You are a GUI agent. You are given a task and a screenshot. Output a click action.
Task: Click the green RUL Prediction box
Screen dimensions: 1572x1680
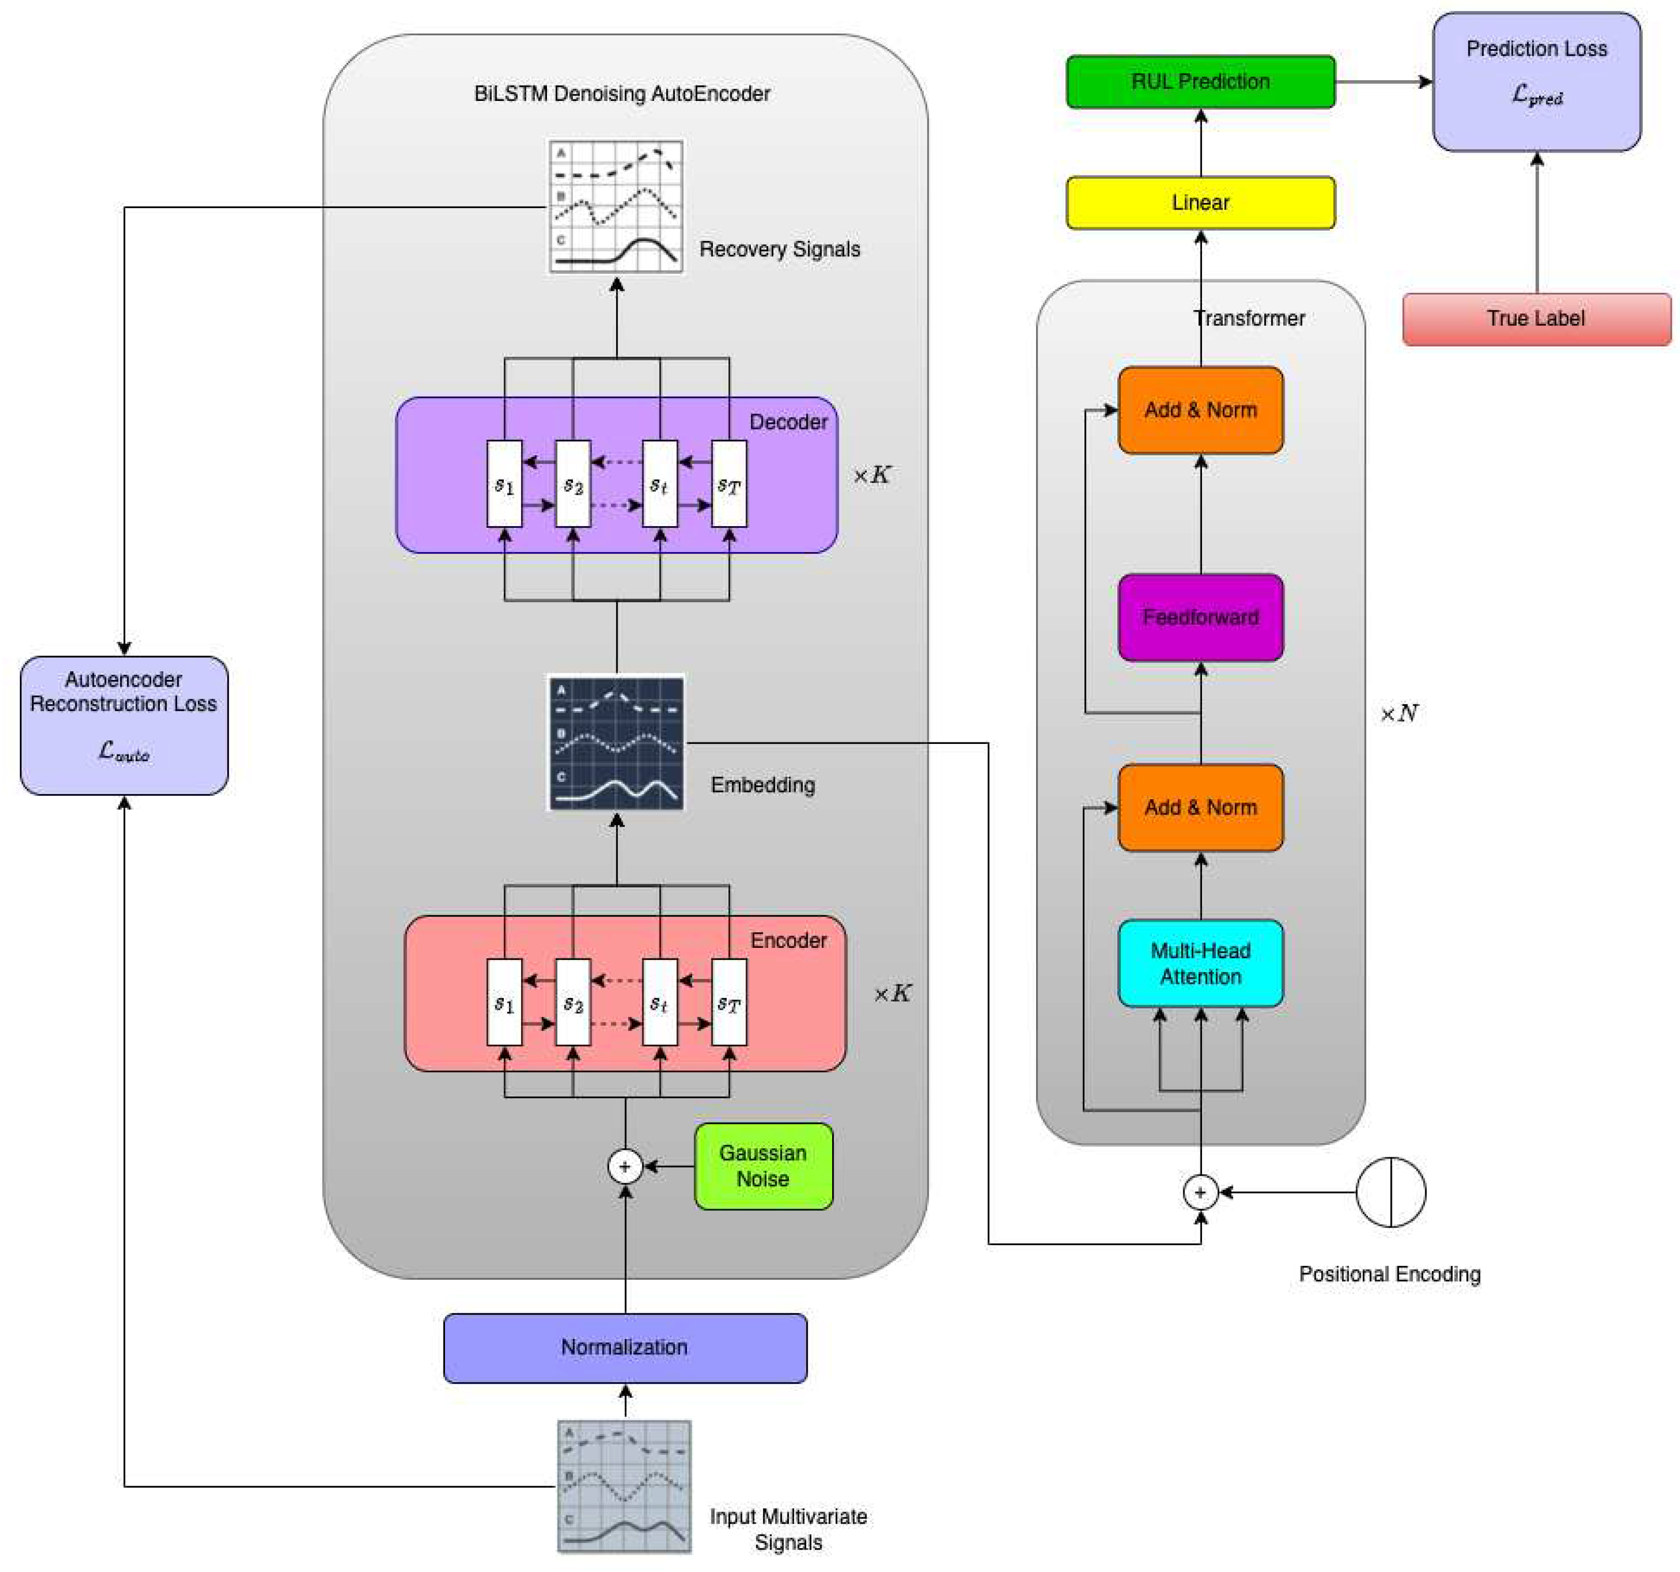tap(1200, 82)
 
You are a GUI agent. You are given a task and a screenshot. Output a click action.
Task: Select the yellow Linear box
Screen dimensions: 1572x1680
tap(1200, 203)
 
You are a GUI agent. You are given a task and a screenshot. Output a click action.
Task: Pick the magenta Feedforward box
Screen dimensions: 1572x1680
tap(1200, 617)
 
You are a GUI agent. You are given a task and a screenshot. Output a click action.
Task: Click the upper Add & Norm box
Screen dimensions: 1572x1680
tap(1200, 410)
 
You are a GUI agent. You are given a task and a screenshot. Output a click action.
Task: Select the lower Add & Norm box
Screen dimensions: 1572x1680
tap(1200, 807)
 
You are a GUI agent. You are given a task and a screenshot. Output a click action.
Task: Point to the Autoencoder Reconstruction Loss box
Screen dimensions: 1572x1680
tap(124, 725)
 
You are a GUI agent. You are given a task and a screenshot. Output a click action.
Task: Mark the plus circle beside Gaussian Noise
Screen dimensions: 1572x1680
tap(625, 1167)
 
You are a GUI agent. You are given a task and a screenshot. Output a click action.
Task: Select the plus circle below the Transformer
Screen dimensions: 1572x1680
tap(1200, 1192)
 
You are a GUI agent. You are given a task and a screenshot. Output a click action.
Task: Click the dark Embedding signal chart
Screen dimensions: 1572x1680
tap(616, 743)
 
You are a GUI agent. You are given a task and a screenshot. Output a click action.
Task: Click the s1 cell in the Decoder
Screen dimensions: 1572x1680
tap(504, 484)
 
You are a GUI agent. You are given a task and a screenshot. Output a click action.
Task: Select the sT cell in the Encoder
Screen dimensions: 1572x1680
tap(729, 1002)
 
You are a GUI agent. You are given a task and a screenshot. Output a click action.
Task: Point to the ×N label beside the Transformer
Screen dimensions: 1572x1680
tap(1398, 714)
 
